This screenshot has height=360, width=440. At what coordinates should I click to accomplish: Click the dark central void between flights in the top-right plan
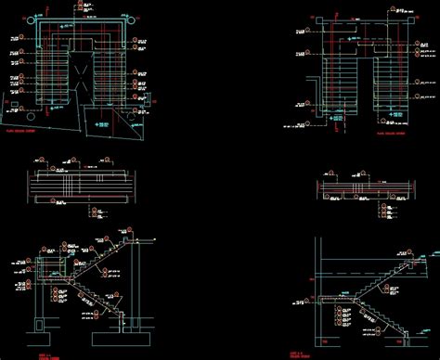(x=363, y=84)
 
